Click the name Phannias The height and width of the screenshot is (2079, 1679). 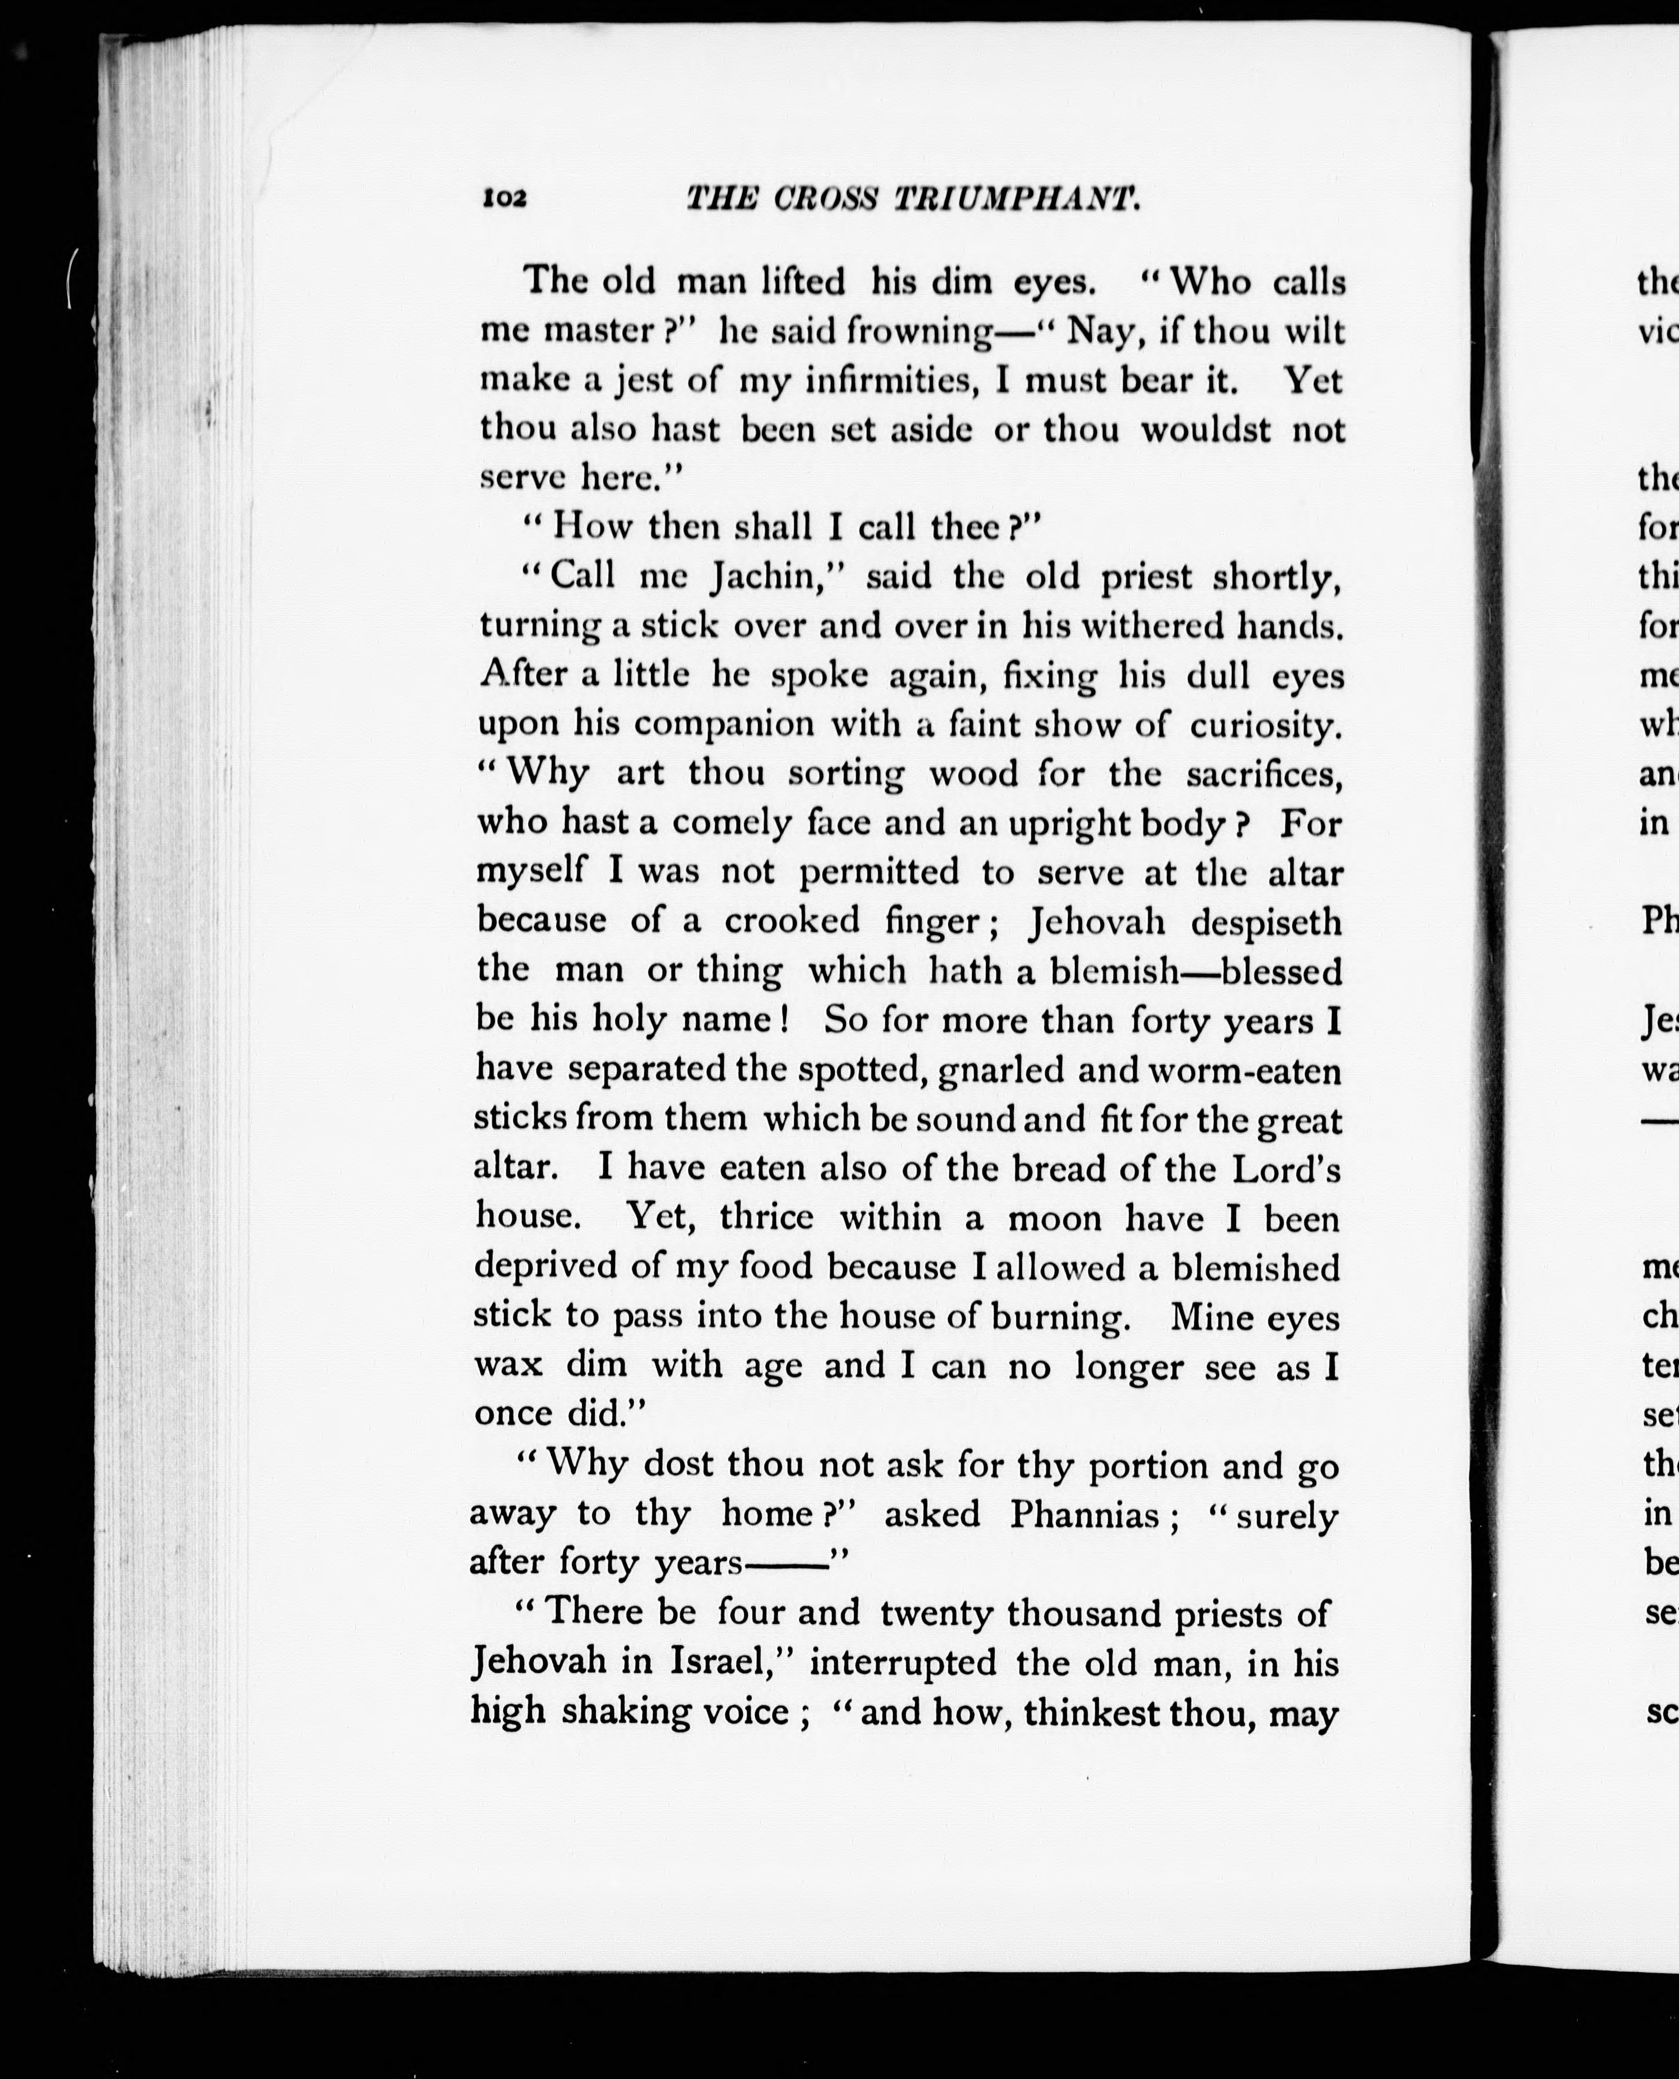tap(1083, 1513)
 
